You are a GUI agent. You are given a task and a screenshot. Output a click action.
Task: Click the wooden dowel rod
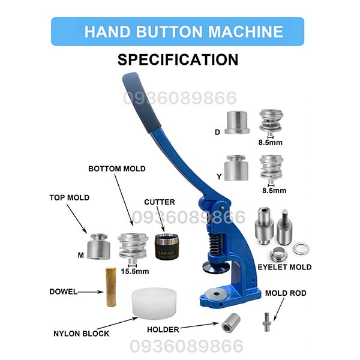pos(111,287)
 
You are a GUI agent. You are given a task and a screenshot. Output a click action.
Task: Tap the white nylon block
pos(154,304)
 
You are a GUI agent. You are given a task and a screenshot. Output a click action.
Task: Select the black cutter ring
pos(167,247)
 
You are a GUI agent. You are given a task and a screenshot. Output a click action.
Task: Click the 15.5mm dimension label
pos(135,271)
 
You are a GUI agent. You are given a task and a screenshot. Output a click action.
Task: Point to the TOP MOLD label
pos(70,197)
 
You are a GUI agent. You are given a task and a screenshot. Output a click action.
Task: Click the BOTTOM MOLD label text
pos(117,169)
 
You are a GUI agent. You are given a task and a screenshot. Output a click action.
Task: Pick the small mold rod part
pos(266,322)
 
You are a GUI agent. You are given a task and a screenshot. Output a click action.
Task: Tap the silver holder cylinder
pos(231,322)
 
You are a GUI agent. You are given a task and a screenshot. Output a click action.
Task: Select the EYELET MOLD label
pos(284,267)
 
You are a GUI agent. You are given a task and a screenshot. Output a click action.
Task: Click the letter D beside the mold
pos(217,132)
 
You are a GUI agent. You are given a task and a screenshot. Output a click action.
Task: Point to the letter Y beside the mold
pos(219,176)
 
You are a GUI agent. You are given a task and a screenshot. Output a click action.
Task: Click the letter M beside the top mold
pos(80,255)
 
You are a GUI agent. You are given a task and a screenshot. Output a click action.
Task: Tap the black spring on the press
pos(215,245)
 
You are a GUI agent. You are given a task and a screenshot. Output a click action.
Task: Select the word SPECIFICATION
pos(178,59)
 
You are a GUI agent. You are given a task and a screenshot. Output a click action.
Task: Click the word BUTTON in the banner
pos(169,31)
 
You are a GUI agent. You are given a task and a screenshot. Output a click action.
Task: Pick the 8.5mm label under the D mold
pos(270,142)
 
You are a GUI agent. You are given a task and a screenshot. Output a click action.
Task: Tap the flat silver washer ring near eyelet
pos(301,249)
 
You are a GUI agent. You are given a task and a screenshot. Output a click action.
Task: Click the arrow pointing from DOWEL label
pos(91,292)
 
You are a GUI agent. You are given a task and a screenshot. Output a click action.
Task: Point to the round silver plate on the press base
pos(216,294)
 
